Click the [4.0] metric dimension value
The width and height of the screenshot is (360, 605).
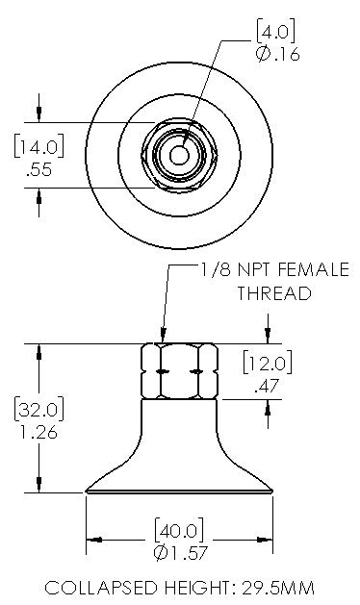[x=276, y=33]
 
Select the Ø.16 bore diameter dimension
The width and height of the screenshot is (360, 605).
[x=277, y=55]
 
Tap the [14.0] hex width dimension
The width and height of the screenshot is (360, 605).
[x=39, y=146]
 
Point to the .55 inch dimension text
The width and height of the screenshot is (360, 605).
[x=39, y=170]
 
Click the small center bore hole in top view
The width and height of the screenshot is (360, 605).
[x=179, y=155]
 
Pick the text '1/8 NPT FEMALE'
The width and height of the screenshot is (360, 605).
[x=274, y=269]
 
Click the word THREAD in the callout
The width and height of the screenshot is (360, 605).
[x=274, y=293]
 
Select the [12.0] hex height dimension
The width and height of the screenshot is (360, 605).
[x=268, y=363]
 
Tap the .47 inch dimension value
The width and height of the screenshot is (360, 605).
[x=267, y=386]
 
